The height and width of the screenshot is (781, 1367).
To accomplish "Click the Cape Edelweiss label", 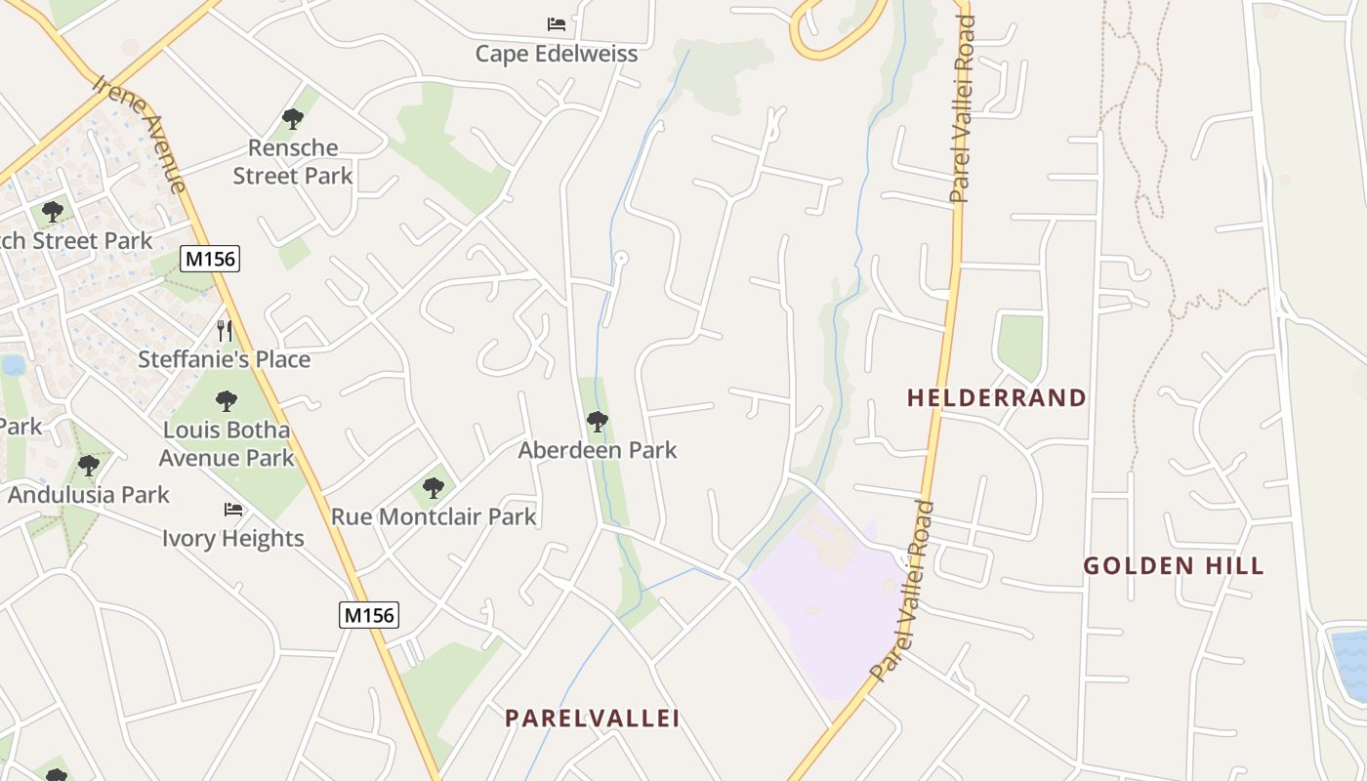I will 557,54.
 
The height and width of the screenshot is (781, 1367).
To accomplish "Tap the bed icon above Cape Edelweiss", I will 557,23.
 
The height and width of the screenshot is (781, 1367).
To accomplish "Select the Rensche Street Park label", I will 293,162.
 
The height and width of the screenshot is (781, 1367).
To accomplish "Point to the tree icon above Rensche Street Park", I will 292,119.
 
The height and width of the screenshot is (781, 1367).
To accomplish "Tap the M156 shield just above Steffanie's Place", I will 210,259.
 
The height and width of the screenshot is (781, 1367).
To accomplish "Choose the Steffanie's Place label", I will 224,359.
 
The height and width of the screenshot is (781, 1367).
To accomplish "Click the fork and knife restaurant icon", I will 225,330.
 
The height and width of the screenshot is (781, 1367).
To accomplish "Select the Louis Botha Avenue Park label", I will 227,443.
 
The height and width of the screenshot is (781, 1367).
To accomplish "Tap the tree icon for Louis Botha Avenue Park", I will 227,400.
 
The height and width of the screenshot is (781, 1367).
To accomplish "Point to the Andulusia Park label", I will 89,494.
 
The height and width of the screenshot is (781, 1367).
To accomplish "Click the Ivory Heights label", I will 233,538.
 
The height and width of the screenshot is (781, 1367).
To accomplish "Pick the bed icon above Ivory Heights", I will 233,509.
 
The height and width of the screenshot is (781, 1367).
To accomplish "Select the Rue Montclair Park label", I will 434,516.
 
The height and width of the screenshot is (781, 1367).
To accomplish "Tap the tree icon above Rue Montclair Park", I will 434,487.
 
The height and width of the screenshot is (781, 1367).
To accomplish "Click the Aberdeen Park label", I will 597,450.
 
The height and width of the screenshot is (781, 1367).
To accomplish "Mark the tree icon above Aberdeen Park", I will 597,422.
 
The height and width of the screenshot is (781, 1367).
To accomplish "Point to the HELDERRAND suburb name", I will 996,397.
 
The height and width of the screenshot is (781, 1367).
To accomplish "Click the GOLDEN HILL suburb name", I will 1174,565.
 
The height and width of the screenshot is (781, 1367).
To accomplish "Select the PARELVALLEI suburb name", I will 592,718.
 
